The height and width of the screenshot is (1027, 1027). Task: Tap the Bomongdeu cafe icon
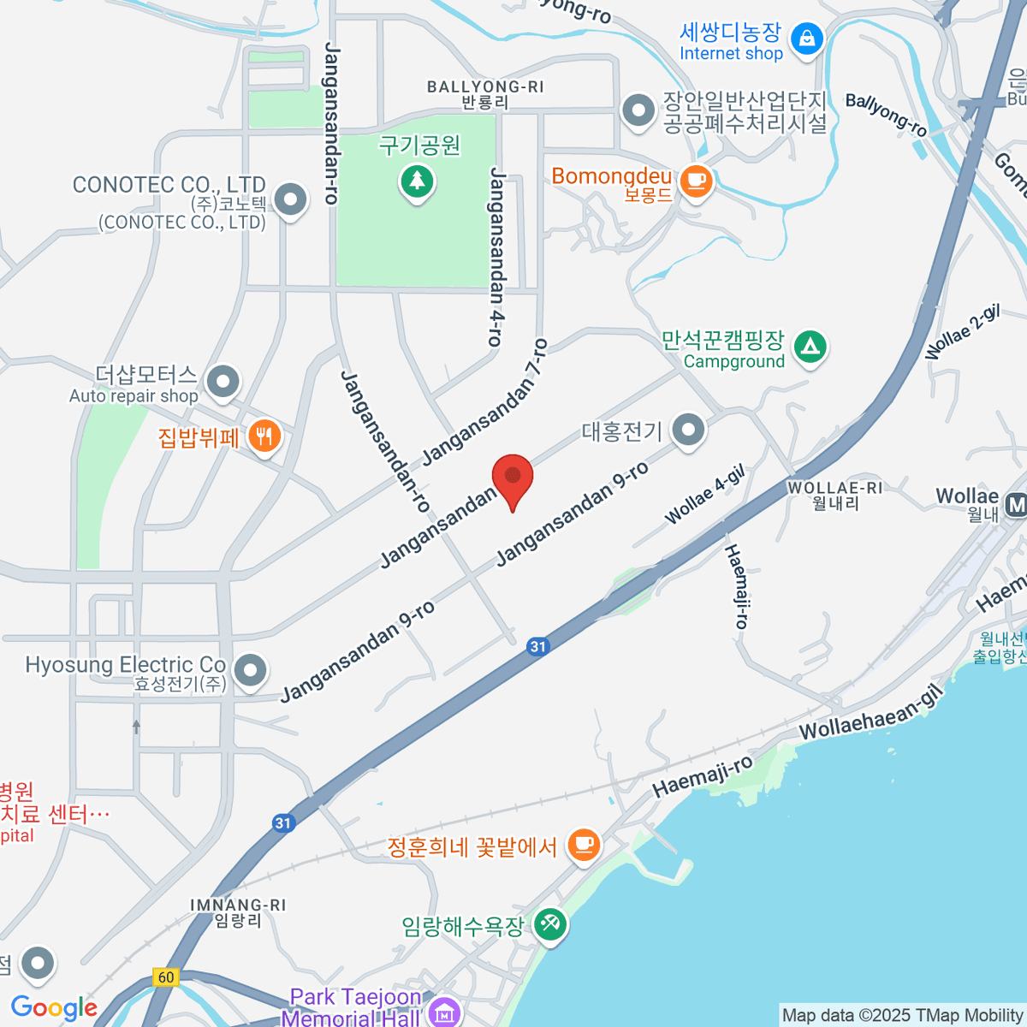696,181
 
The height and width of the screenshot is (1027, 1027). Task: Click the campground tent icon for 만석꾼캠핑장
810,347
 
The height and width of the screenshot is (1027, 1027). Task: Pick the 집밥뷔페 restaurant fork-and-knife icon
264,437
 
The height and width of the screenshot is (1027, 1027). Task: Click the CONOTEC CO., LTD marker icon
291,199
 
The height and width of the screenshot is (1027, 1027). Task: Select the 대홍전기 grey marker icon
688,430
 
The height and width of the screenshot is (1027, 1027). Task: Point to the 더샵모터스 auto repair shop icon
223,381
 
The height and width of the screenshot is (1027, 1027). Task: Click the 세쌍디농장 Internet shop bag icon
806,39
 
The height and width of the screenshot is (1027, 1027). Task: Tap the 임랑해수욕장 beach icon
549,924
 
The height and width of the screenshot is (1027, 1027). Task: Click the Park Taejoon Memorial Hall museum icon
444,1013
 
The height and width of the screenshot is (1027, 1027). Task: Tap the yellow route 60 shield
165,977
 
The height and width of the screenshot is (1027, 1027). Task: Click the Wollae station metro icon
1017,505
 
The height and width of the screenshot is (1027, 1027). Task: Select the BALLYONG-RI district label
484,87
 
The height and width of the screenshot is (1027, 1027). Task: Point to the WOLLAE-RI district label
834,488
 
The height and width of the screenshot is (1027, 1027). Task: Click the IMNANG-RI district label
238,905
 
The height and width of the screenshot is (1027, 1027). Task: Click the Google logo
54,1007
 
